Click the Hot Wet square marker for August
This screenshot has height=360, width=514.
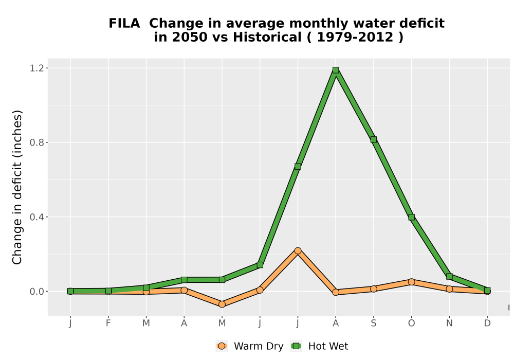click(x=335, y=70)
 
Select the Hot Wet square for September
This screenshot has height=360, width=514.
click(x=373, y=140)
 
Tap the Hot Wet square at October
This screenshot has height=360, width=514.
click(x=411, y=217)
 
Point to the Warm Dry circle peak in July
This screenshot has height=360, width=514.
click(x=298, y=251)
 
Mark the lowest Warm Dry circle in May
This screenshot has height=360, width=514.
click(x=222, y=304)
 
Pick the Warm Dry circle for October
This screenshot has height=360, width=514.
click(x=411, y=282)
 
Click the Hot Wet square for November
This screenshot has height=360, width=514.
click(x=449, y=276)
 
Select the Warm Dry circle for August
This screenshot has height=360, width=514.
click(x=335, y=292)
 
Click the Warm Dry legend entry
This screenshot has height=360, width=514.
click(x=249, y=346)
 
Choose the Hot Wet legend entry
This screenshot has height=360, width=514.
click(x=319, y=346)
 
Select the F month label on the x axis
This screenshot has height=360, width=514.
click(x=108, y=323)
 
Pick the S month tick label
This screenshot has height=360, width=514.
click(x=373, y=323)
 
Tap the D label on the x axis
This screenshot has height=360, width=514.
click(x=487, y=323)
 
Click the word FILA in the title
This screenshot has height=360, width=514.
click(x=124, y=24)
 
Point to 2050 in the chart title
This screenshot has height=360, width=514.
click(x=190, y=38)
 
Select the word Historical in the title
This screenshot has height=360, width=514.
click(x=267, y=38)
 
